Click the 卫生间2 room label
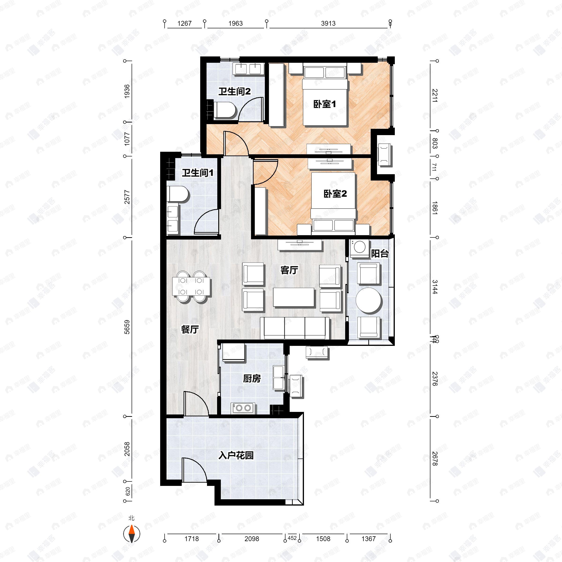coord(234,92)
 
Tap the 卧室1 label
coord(324,104)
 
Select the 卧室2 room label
coord(335,194)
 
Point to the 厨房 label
coord(252,378)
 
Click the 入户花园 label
coord(236,455)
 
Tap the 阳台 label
coord(380,254)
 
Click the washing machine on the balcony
coord(359,248)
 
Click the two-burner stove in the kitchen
coord(243,408)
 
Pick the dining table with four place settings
coord(191,287)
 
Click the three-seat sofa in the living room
coord(295,328)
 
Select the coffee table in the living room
coord(294,297)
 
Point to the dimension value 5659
coord(127,327)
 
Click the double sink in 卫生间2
coord(249,69)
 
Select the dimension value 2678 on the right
coord(434,458)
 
